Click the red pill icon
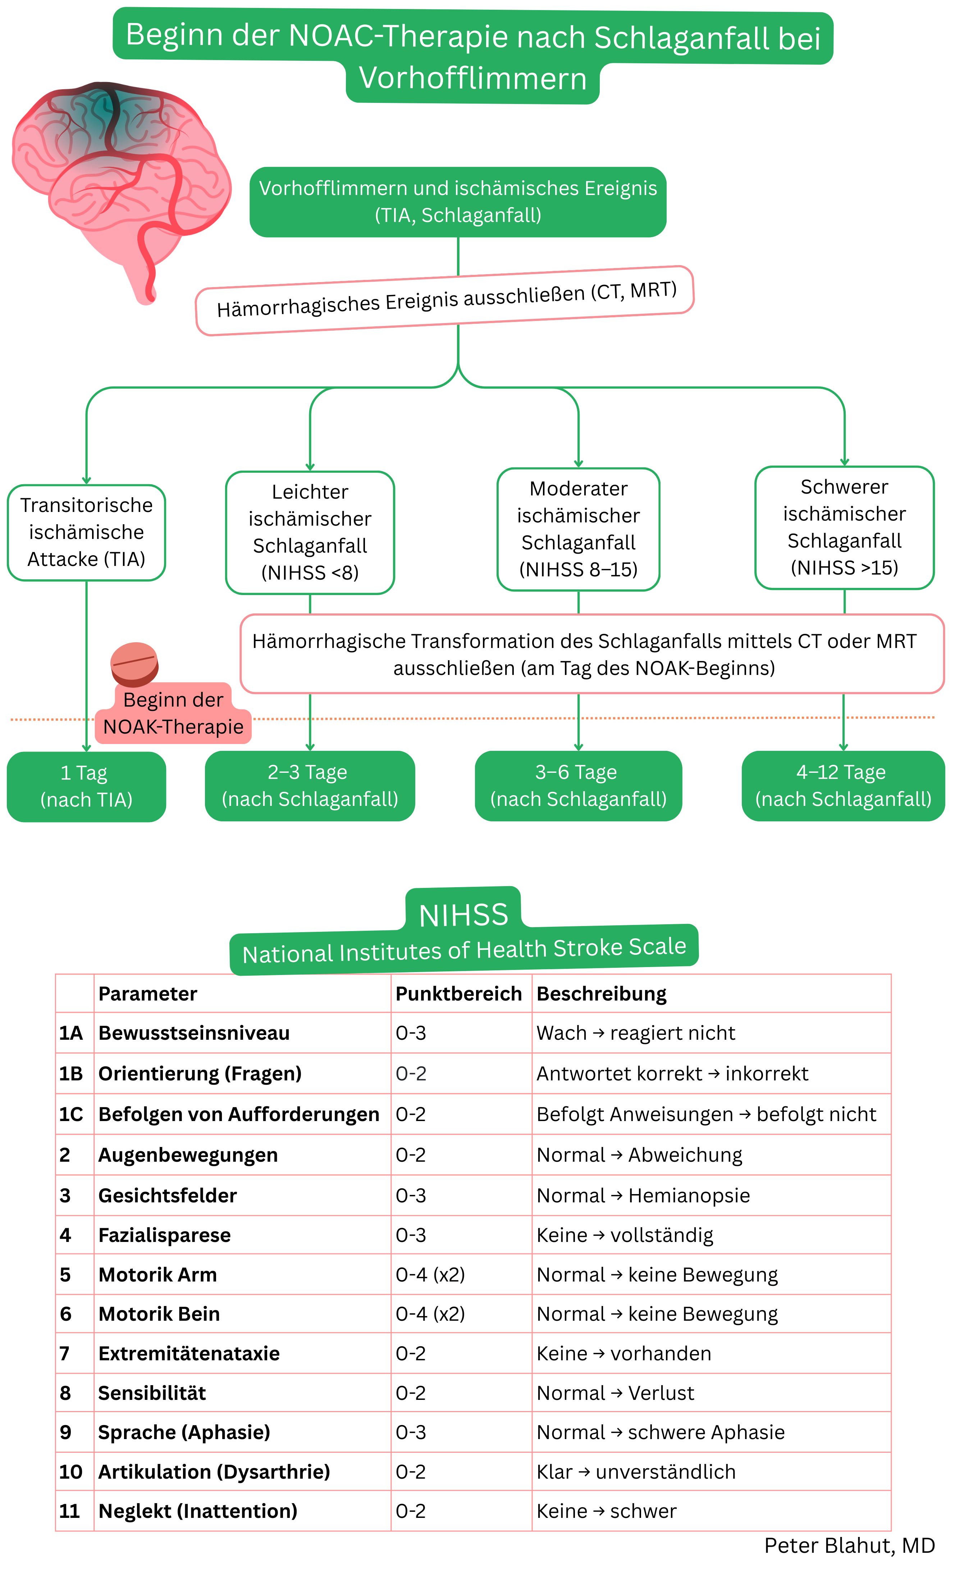point(134,664)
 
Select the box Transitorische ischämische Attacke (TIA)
point(86,532)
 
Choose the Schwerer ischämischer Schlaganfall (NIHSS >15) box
point(844,527)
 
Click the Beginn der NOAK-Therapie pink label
point(173,713)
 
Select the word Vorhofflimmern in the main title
point(472,78)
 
